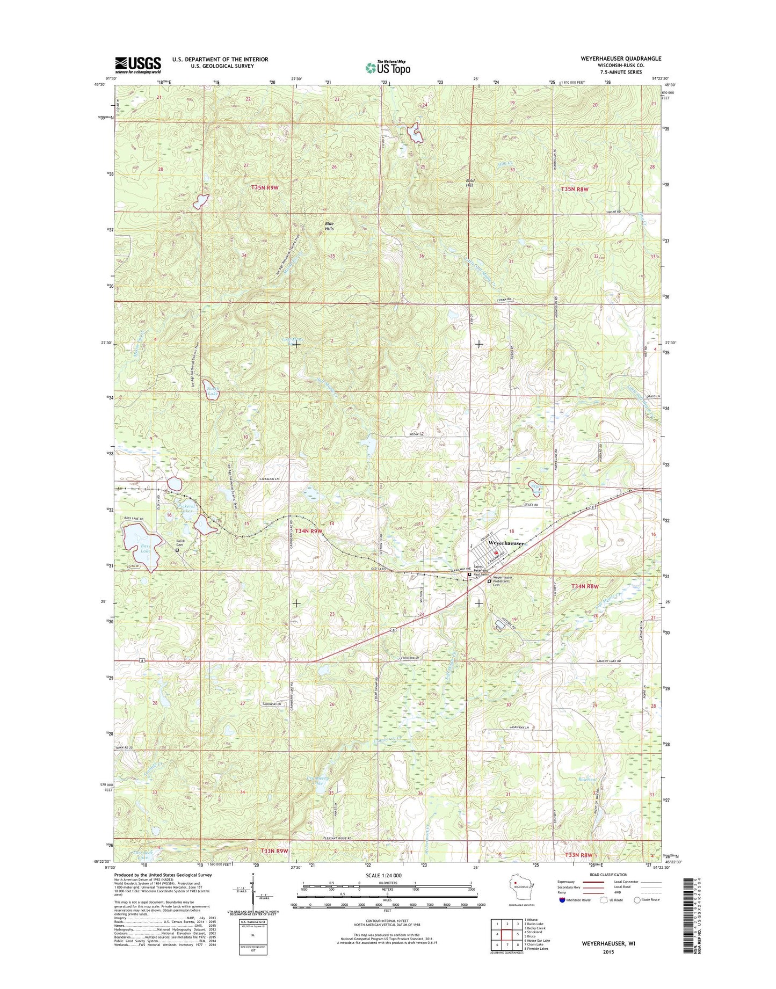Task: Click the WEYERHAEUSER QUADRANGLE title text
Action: (621, 58)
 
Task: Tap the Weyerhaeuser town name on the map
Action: (506, 543)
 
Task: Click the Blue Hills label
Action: (329, 226)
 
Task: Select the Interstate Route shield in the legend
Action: (562, 915)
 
